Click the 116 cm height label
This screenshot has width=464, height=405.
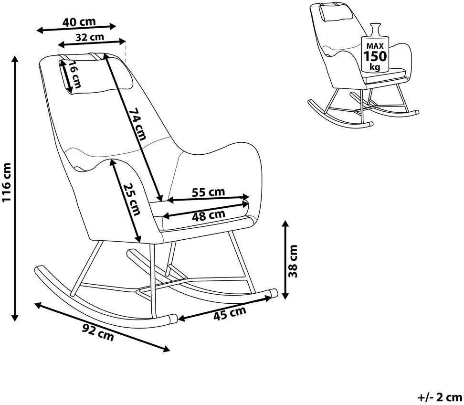(7, 182)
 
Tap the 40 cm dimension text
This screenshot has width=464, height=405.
(79, 21)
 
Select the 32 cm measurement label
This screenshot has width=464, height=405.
(90, 37)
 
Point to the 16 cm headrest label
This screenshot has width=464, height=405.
(74, 75)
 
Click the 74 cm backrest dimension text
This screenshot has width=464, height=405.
(138, 123)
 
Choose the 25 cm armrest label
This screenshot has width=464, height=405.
(132, 199)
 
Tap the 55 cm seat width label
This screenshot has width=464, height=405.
(208, 192)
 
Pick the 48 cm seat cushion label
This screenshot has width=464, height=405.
(208, 215)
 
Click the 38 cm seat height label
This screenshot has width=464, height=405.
(293, 261)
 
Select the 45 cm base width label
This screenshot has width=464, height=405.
(230, 313)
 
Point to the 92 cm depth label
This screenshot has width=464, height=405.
(98, 332)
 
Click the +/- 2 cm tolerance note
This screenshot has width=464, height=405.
(440, 397)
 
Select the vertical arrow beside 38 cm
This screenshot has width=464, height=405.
(285, 260)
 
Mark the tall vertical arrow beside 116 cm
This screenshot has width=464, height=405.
(15, 188)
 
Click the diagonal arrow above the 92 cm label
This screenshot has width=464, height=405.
(102, 327)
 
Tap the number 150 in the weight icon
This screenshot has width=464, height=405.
(375, 56)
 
